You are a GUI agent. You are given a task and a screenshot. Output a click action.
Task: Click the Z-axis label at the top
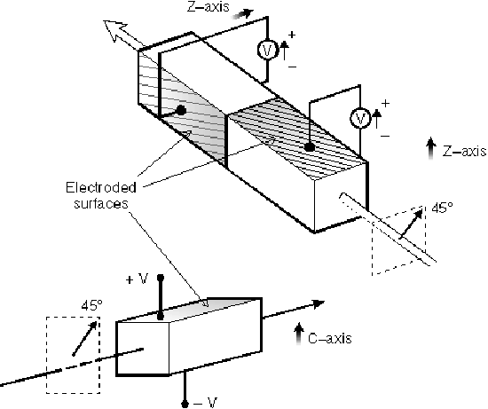(x=208, y=7)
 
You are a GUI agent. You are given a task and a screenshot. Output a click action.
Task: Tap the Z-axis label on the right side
(x=464, y=152)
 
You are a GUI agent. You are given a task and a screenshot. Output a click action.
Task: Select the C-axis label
(x=330, y=338)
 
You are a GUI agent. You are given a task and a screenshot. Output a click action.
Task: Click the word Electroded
(x=101, y=188)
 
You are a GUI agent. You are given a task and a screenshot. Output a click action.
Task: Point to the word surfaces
(x=101, y=204)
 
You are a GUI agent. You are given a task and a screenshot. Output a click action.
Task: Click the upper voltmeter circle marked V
(x=267, y=50)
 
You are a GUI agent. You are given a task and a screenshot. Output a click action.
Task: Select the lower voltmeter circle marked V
(x=360, y=118)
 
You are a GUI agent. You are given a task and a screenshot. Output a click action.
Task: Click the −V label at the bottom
(x=205, y=403)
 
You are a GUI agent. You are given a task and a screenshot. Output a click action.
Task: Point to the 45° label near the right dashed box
(x=442, y=208)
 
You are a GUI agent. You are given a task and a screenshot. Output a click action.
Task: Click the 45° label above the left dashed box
(x=91, y=306)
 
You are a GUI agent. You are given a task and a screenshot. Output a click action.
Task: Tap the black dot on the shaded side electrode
(x=181, y=110)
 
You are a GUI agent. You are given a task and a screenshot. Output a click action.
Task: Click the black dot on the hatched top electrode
(x=309, y=147)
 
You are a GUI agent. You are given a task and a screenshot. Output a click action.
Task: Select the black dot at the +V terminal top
(x=161, y=278)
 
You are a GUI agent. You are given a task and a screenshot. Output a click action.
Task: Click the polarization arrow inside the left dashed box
(x=84, y=339)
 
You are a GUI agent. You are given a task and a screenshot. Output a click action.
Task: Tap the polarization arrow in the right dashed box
(x=411, y=225)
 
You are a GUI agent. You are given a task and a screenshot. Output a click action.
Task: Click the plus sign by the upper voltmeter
(x=292, y=35)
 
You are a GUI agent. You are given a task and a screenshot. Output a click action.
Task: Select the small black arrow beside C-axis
(x=299, y=334)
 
